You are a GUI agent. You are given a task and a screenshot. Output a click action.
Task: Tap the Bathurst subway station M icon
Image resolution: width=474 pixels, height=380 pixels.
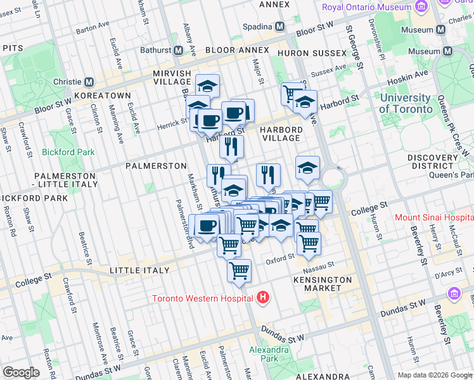pyautogui.click(x=179, y=50)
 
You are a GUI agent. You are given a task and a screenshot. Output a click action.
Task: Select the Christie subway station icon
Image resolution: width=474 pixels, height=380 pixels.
pyautogui.click(x=89, y=82)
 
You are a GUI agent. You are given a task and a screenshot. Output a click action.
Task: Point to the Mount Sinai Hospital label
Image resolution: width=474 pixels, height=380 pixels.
pyautogui.click(x=434, y=217)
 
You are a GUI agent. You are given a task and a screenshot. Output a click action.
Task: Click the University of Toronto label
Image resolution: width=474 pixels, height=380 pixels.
pyautogui.click(x=406, y=103)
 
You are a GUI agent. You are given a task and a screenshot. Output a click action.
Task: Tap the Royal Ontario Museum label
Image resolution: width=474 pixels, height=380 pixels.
pyautogui.click(x=367, y=8)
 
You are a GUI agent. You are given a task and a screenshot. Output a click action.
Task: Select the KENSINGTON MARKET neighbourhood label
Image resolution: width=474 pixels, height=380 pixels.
pyautogui.click(x=323, y=284)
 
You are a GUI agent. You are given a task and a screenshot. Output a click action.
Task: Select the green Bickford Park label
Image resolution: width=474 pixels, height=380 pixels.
pyautogui.click(x=68, y=152)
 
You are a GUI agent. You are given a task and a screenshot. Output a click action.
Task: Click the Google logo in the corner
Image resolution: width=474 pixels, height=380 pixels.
pyautogui.click(x=21, y=372)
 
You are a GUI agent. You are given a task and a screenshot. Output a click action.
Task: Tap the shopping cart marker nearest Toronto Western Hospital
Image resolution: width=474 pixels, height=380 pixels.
pyautogui.click(x=239, y=271)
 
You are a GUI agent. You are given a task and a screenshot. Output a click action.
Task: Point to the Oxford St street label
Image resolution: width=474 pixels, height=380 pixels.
pyautogui.click(x=281, y=258)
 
